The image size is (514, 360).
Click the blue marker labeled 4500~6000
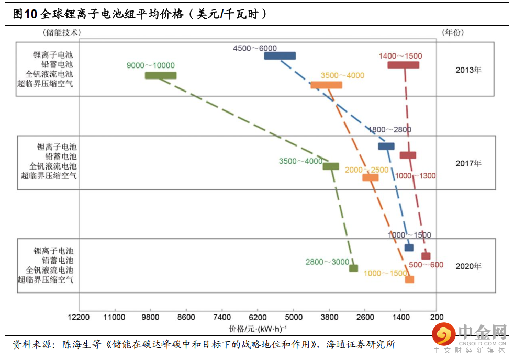click(280, 55)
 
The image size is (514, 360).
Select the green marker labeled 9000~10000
click(161, 76)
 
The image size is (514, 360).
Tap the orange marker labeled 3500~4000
click(326, 85)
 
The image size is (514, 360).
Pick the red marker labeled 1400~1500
click(403, 65)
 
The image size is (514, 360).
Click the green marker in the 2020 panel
click(353, 268)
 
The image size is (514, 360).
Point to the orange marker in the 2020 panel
click(409, 279)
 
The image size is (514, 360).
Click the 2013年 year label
click(468, 70)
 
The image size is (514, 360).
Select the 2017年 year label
click(468, 163)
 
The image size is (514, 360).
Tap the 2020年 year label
click(468, 266)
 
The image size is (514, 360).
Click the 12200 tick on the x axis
click(79, 317)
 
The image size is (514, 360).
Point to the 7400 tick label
click(222, 317)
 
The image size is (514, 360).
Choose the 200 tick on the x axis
click(437, 317)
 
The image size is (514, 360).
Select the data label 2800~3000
click(327, 262)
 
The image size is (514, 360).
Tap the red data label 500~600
click(426, 265)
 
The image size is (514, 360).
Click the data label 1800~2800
click(390, 130)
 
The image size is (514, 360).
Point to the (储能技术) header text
click(61, 32)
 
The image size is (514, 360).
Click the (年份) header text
click(453, 32)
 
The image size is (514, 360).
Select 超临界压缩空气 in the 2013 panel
click(45, 84)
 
